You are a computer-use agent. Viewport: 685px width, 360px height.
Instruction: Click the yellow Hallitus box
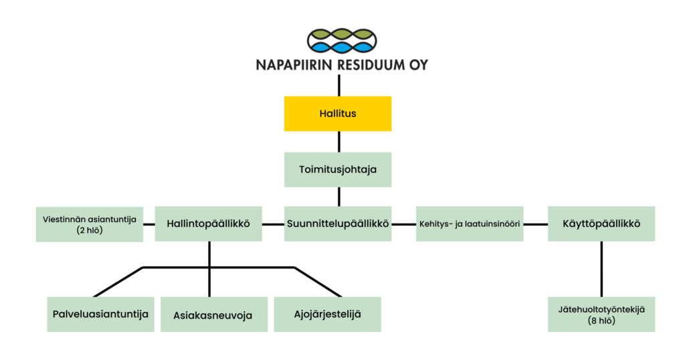338,114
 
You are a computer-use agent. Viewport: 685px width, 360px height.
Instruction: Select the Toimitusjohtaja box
338,169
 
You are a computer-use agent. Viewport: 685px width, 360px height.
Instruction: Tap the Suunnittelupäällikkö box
338,223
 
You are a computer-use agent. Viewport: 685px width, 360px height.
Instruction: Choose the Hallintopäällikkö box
208,223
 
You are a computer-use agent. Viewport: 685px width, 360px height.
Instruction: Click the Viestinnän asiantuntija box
89,223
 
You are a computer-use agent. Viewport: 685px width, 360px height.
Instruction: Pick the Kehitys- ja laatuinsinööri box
469,223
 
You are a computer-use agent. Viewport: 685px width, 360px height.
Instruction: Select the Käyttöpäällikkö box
601,223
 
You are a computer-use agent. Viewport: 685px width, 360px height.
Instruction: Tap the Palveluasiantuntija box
100,314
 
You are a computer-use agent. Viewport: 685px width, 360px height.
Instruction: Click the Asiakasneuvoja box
213,314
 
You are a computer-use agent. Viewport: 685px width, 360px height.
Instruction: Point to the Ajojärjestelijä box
327,314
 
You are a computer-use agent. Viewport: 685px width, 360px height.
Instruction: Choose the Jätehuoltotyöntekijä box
601,314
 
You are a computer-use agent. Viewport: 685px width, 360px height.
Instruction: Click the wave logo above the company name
341,41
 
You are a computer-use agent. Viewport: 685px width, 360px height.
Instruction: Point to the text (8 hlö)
601,321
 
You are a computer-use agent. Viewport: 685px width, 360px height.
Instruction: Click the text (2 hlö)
89,230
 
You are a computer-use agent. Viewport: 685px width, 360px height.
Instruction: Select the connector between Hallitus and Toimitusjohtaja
338,142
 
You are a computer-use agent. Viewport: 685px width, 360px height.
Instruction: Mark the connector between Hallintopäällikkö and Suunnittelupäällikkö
273,223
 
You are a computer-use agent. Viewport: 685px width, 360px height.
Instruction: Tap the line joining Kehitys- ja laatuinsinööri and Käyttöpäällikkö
535,223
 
